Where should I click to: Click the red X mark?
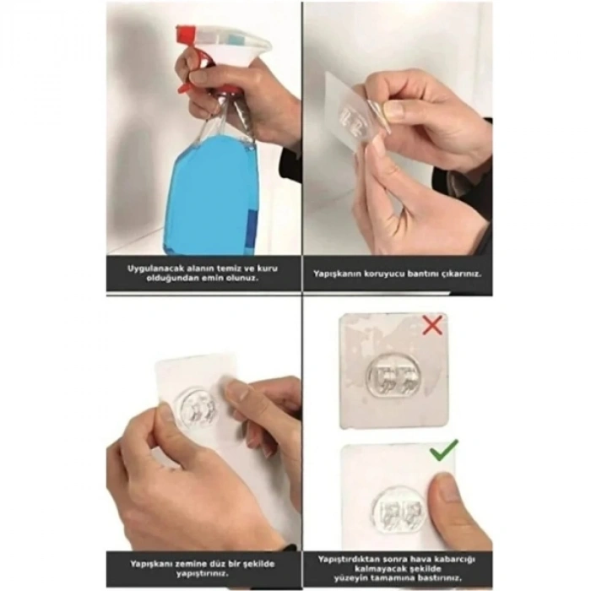coord(432,325)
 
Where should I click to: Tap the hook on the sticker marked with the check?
coord(395,509)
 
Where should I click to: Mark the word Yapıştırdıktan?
coord(349,558)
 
